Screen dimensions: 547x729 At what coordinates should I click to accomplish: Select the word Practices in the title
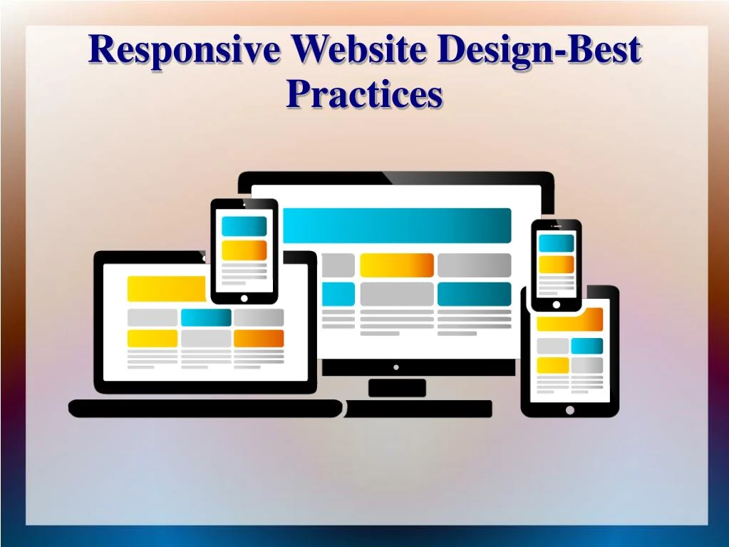[x=364, y=95]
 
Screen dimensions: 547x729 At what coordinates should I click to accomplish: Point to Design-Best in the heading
[x=539, y=51]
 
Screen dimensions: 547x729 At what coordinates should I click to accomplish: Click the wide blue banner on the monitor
[x=397, y=225]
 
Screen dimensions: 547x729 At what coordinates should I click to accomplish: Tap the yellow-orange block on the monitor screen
[x=396, y=265]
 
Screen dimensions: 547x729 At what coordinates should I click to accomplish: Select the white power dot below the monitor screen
[x=396, y=367]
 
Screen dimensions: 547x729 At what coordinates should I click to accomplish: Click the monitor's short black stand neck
[x=397, y=387]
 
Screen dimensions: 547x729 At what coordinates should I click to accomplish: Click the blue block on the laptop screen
[x=206, y=317]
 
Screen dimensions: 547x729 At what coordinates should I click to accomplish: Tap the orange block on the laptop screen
[x=258, y=338]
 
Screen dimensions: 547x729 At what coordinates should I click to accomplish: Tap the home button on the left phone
[x=244, y=298]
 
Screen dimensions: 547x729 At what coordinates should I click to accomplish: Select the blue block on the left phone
[x=244, y=227]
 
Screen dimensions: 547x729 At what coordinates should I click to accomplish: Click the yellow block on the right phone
[x=556, y=265]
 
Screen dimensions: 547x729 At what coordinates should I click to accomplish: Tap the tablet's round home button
[x=569, y=410]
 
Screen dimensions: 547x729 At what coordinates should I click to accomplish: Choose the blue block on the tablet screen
[x=586, y=346]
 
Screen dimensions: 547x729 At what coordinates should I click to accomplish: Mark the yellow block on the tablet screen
[x=552, y=365]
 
